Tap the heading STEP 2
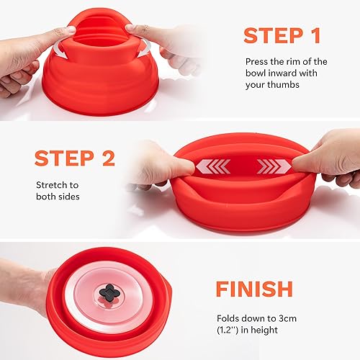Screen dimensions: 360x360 (76, 158)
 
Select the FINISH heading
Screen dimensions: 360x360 (255, 289)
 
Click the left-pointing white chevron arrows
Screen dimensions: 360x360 (215, 167)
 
